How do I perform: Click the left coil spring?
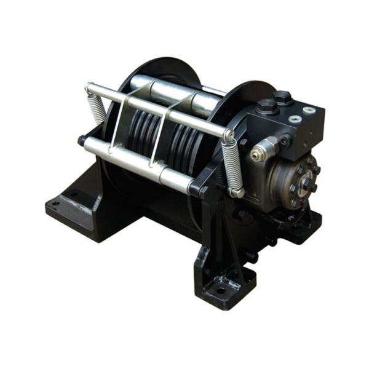(97, 108)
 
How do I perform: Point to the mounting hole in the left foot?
(56, 204)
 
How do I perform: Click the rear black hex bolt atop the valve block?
(283, 97)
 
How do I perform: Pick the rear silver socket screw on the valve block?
(307, 110)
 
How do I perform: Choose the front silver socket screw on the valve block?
(295, 118)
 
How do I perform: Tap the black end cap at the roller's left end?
(82, 141)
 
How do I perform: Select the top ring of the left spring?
(90, 90)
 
